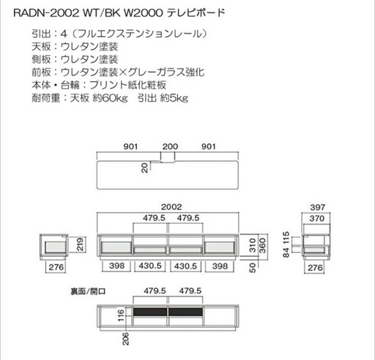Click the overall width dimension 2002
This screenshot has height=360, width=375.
pos(171,207)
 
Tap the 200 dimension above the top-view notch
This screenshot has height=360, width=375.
pos(170,146)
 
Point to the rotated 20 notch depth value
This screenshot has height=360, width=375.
pos(145,168)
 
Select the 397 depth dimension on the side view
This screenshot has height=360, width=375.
pos(317,207)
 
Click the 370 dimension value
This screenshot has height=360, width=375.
pos(317,218)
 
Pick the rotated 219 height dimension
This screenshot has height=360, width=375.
pos(80,244)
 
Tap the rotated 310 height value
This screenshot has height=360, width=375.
pos(253,245)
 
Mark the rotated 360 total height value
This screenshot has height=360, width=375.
pos(262,245)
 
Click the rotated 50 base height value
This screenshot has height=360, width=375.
pos(253,268)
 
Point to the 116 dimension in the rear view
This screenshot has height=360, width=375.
pos(121,315)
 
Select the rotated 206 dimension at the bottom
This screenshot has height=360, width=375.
pos(125,339)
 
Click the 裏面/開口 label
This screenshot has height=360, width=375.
pos(88,291)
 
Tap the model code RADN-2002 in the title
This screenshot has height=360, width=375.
pos(46,13)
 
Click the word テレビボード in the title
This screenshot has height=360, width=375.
pos(196,12)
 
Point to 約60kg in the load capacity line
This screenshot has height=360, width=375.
pos(110,98)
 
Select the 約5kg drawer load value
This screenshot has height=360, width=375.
pos(174,98)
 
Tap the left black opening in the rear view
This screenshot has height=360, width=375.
pos(150,312)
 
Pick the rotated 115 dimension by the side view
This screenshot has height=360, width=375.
pos(286,238)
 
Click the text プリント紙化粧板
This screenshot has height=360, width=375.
pos(127,85)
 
